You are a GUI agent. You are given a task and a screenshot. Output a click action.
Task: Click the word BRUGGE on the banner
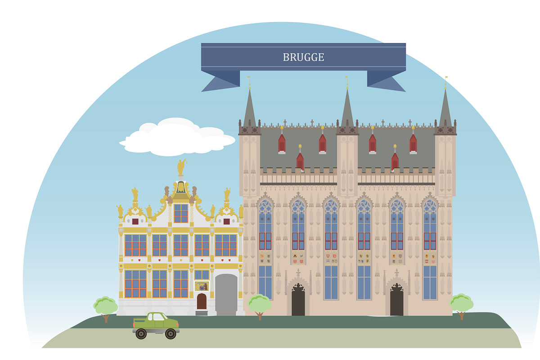tap(303, 57)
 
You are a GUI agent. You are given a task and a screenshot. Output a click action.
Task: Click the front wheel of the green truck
tap(170, 333)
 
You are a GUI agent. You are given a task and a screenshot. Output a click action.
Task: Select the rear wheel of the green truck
tap(141, 333)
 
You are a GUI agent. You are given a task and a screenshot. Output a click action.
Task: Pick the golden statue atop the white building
tap(181, 167)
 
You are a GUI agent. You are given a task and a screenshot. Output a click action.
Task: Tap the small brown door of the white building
tap(202, 301)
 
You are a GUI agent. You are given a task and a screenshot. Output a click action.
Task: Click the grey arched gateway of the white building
tap(226, 295)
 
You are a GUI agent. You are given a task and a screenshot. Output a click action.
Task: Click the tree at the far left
tap(105, 306)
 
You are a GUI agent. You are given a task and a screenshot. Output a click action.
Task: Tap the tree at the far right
tap(461, 304)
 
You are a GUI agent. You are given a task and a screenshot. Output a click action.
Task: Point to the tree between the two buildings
tap(260, 304)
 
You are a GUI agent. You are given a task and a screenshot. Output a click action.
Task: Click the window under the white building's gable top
tap(181, 213)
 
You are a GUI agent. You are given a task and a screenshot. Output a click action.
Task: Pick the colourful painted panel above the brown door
tap(202, 286)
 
